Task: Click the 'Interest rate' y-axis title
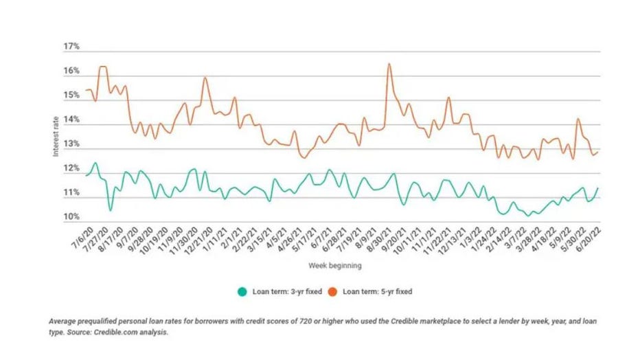[x=56, y=133]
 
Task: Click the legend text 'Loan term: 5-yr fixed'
[x=378, y=291]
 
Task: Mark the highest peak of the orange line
[x=389, y=64]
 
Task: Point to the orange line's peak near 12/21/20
[x=205, y=78]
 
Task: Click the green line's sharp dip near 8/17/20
[x=110, y=210]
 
